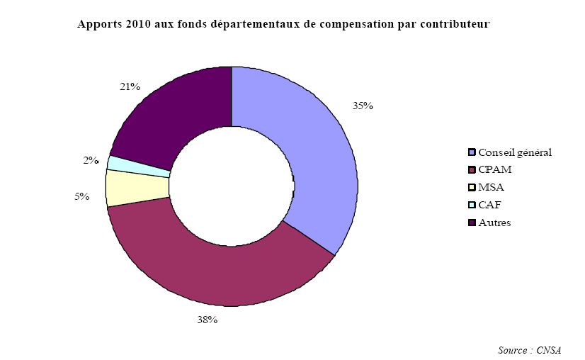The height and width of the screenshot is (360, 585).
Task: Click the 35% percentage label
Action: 363,106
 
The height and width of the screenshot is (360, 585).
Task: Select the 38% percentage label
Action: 207,320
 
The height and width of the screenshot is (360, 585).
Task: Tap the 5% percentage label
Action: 81,196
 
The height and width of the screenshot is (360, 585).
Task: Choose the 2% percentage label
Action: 91,160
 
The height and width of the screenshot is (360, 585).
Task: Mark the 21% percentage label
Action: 130,86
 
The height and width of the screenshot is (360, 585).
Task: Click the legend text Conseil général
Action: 515,152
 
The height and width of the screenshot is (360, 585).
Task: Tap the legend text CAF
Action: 489,206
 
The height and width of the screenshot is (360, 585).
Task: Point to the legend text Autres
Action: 494,223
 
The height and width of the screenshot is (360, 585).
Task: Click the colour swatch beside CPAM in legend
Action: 472,170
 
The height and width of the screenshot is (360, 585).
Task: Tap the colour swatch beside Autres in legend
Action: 472,223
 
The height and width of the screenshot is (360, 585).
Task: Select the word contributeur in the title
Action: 453,24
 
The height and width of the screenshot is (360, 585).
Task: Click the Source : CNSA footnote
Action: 530,350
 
